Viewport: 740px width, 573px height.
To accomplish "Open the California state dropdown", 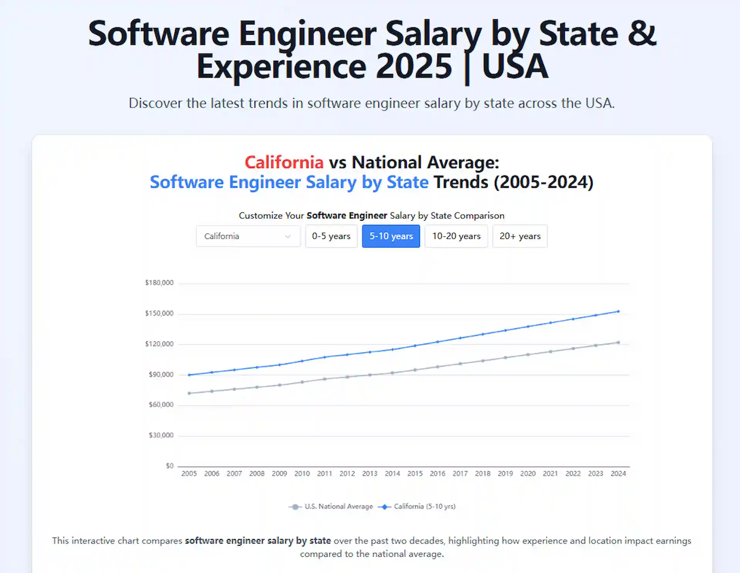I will click(248, 236).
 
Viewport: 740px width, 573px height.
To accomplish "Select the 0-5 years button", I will click(331, 236).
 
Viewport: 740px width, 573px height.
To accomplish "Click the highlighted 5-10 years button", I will click(391, 236).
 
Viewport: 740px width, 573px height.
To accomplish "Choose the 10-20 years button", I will click(456, 236).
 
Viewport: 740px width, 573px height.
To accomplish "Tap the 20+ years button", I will click(519, 236).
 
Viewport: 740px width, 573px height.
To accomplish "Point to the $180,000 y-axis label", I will click(159, 283).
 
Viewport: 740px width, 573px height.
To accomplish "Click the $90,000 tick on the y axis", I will click(161, 375).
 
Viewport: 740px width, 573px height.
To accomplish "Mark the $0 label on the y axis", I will click(170, 466).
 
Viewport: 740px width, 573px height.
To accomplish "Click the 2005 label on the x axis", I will click(189, 474).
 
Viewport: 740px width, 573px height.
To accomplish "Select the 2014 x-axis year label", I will click(392, 474).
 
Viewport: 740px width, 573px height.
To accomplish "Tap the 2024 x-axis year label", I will click(618, 474).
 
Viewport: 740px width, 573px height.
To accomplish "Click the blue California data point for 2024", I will click(618, 311).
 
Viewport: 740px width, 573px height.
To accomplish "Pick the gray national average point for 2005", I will click(189, 393).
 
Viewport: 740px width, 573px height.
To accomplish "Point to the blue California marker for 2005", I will click(189, 375).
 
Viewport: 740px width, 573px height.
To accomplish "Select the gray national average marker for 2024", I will click(618, 342).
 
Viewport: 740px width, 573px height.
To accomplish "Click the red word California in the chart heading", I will click(284, 162).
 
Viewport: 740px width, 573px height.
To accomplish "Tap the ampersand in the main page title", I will click(641, 34).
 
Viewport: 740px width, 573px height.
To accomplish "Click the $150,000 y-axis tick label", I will click(159, 313).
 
